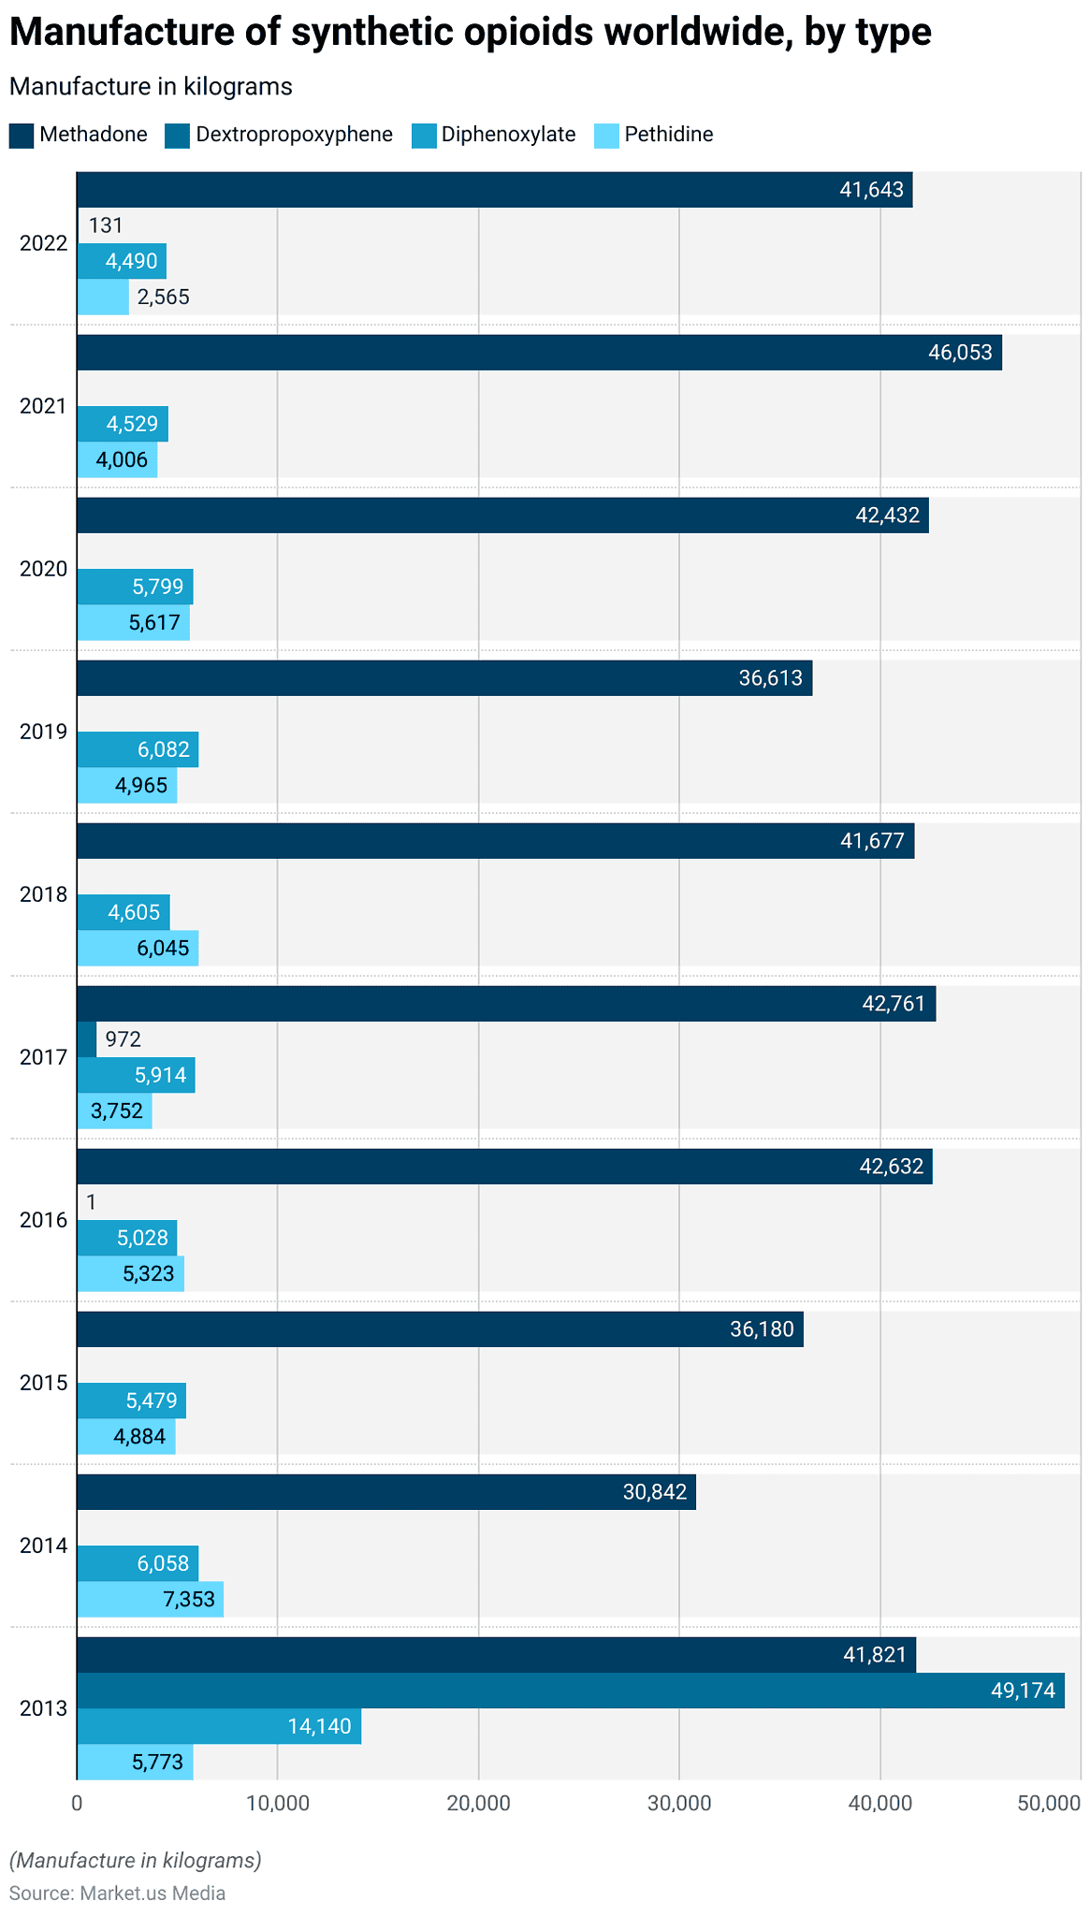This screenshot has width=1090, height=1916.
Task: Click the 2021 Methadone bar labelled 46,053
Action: click(x=538, y=353)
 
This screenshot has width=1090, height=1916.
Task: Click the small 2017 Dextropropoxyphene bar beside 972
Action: click(x=86, y=1039)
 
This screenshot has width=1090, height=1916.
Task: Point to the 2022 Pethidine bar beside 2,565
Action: click(x=102, y=298)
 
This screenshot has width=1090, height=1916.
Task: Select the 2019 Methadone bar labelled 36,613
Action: click(x=443, y=678)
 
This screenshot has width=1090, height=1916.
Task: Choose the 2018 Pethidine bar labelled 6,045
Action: click(x=137, y=949)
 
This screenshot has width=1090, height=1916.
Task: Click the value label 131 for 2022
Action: click(x=106, y=225)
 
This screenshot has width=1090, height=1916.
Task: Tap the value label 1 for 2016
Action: click(x=91, y=1202)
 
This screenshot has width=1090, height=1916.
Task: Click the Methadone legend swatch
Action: click(x=22, y=135)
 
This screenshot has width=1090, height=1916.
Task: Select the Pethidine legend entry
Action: click(x=668, y=135)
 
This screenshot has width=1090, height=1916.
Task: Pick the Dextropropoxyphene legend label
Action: click(x=294, y=135)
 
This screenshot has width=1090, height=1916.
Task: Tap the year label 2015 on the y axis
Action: click(x=44, y=1383)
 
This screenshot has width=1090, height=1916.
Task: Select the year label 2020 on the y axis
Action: click(x=44, y=569)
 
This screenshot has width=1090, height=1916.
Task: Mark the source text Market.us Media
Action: click(x=153, y=1893)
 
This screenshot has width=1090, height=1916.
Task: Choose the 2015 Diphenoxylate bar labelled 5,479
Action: click(x=131, y=1401)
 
